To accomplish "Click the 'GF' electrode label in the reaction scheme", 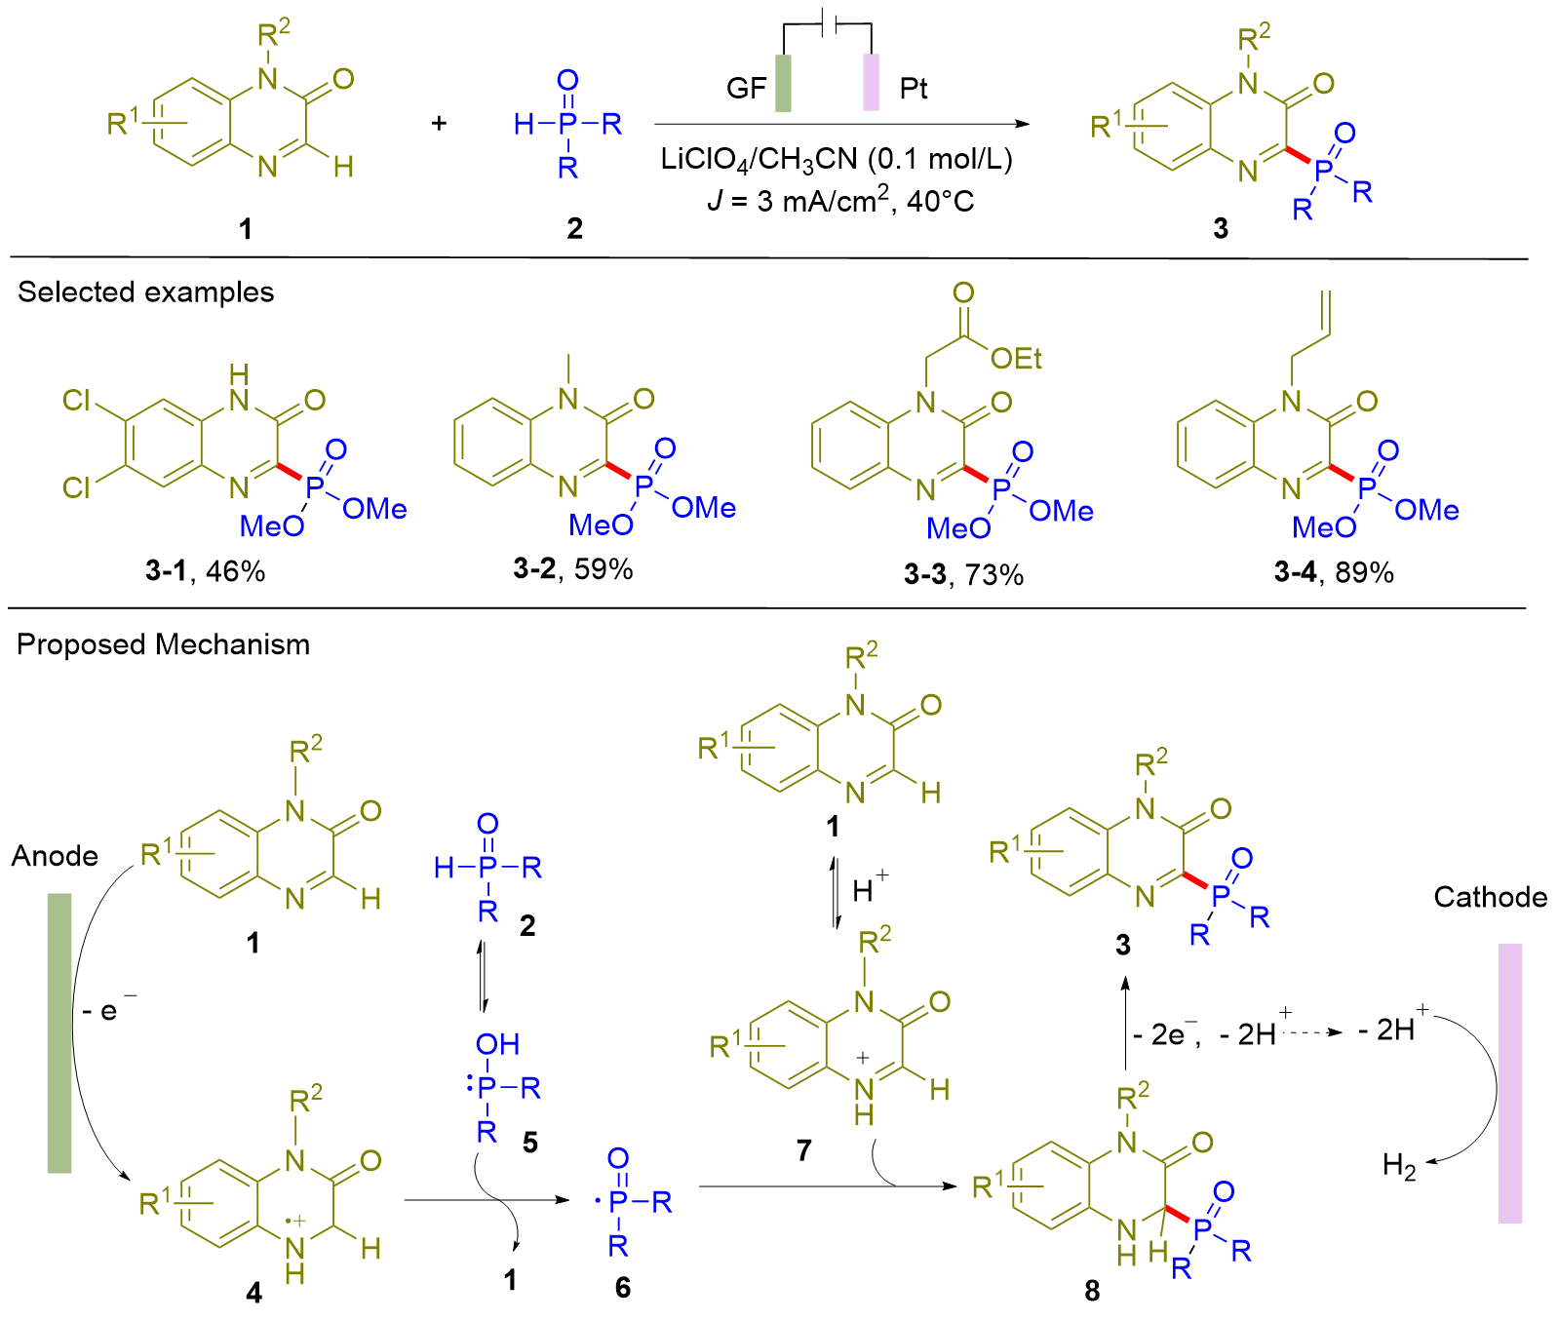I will tap(746, 89).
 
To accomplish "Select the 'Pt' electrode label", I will tap(913, 89).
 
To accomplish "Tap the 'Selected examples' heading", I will tap(146, 292).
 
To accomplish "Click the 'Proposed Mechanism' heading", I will tap(163, 644).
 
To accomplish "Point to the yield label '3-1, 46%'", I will tap(205, 571).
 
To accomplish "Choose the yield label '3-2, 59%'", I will tap(573, 569).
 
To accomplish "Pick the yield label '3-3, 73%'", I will tap(963, 575).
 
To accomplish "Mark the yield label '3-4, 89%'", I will tap(1334, 572).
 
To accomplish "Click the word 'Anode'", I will tap(55, 856).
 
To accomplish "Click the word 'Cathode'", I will tap(1490, 897).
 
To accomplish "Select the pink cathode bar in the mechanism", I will tap(1509, 1082).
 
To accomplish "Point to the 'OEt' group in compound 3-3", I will tap(1016, 360).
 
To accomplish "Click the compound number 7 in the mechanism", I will tap(803, 1151).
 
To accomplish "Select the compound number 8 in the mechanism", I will tap(1092, 1291).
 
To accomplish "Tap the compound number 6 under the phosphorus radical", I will tap(623, 1288).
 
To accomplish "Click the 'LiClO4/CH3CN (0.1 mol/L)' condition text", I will tap(837, 159).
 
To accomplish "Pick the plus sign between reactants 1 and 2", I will tap(439, 123).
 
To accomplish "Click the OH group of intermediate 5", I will tap(497, 1045).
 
